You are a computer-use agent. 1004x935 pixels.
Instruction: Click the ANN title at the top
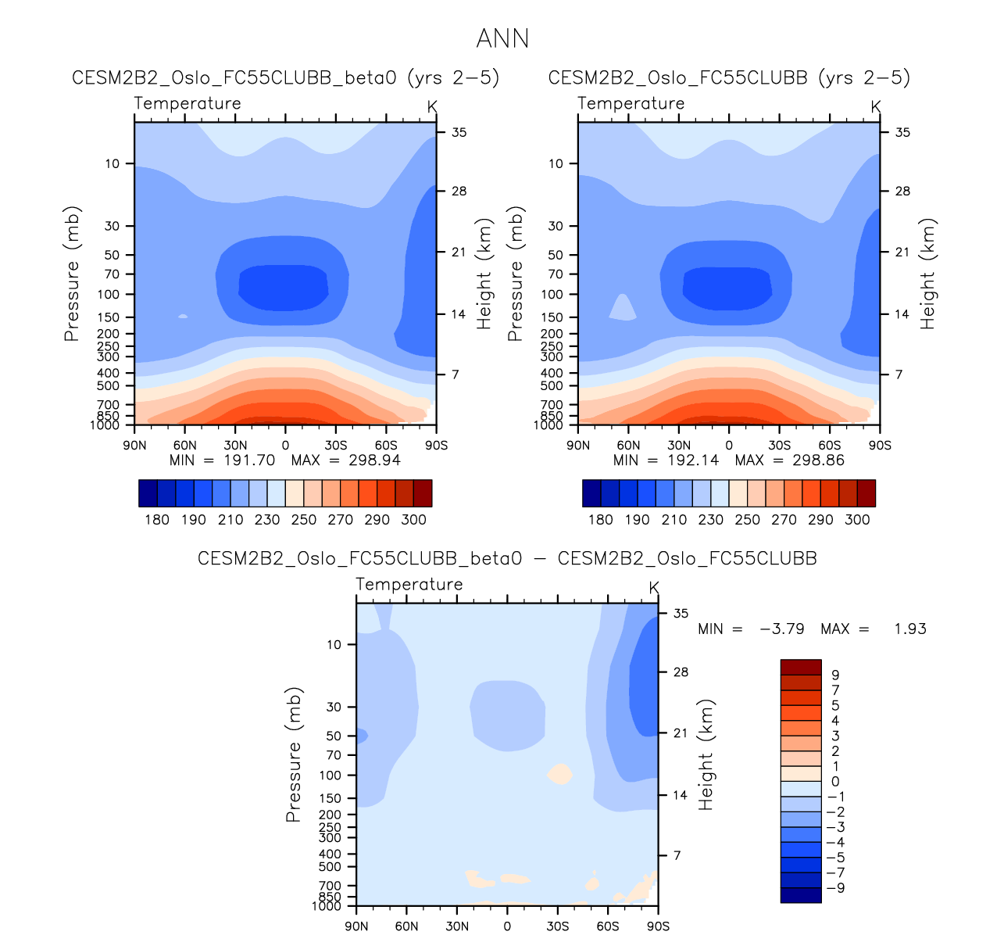tap(502, 38)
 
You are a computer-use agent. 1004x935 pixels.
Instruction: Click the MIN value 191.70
tap(249, 460)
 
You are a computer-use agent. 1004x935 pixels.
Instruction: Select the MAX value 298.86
tap(818, 460)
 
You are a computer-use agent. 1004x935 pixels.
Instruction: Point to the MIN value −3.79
tap(782, 629)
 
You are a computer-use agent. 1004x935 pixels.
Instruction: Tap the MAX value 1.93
tap(910, 629)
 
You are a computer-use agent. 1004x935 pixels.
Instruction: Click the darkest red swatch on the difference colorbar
tap(801, 667)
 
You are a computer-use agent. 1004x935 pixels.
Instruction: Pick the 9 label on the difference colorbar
tap(835, 675)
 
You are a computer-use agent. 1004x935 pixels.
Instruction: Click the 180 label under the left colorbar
tap(157, 520)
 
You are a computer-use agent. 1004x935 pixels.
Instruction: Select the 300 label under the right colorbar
tap(857, 520)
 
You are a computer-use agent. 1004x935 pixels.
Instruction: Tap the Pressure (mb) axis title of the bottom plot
tap(294, 755)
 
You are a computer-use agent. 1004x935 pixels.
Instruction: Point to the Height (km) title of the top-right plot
tap(927, 274)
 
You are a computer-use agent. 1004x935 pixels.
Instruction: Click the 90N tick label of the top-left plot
tap(134, 446)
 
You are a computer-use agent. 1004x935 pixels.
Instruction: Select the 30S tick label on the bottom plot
tap(557, 926)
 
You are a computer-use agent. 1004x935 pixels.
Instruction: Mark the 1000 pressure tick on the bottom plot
tap(327, 906)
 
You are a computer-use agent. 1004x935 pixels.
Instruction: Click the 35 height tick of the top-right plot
tap(902, 132)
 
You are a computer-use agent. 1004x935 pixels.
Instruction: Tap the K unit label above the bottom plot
tap(654, 587)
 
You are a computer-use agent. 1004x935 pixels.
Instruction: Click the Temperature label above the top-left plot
tap(188, 103)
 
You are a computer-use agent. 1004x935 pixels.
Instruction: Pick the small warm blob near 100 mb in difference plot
tap(560, 774)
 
